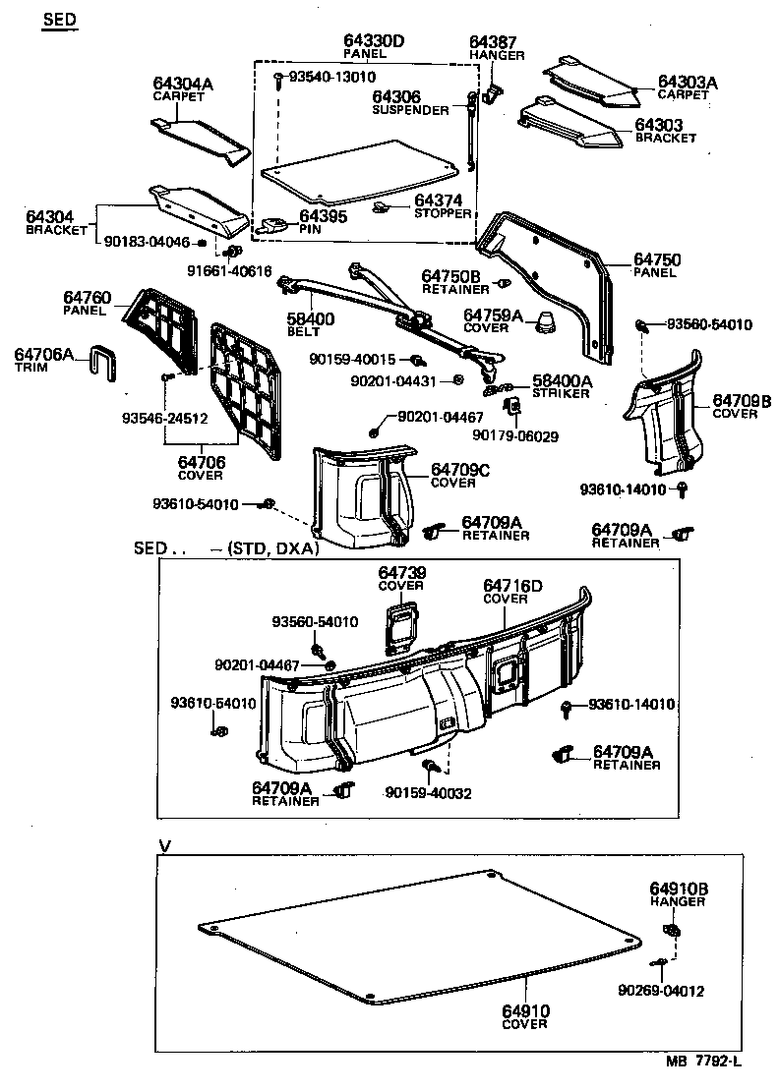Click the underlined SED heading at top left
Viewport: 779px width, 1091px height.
[x=59, y=21]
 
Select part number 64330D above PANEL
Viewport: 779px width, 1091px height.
[x=374, y=40]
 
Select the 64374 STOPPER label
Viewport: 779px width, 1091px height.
[x=442, y=205]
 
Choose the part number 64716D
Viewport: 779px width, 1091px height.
[x=512, y=586]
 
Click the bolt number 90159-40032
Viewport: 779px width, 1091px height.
[x=428, y=793]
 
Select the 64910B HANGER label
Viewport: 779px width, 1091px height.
[x=678, y=893]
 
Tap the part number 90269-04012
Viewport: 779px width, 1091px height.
[x=661, y=991]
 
